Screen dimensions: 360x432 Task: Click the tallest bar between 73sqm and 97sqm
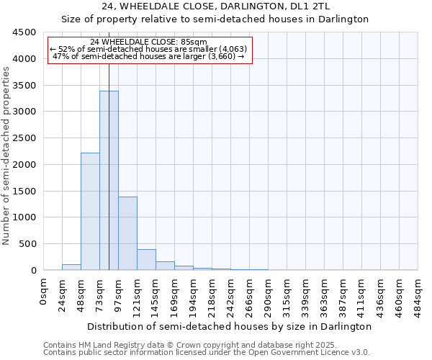pos(109,180)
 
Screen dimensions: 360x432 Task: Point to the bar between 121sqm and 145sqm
pos(146,260)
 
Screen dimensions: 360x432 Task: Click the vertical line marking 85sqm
pos(109,144)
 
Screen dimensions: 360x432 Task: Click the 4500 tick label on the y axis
pos(24,32)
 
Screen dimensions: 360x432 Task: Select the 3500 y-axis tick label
pos(24,85)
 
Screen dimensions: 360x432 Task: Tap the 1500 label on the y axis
pos(24,191)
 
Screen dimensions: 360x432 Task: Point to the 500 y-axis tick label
pos(27,244)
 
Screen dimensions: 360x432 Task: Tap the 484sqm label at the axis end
pos(418,294)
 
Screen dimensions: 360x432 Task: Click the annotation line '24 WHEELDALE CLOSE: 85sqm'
pos(149,42)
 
